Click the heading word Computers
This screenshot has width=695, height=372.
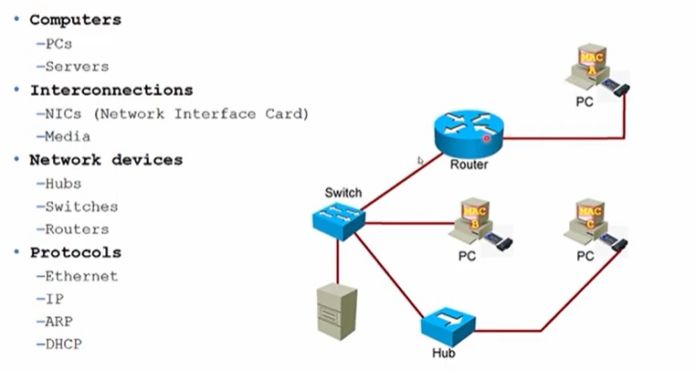(76, 19)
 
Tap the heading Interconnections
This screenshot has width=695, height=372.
(111, 90)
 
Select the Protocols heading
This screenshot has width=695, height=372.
(76, 252)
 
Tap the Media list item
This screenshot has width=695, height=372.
(68, 136)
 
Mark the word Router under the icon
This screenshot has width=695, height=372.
(469, 165)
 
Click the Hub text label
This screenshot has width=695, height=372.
(443, 353)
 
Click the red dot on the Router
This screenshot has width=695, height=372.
(487, 139)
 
